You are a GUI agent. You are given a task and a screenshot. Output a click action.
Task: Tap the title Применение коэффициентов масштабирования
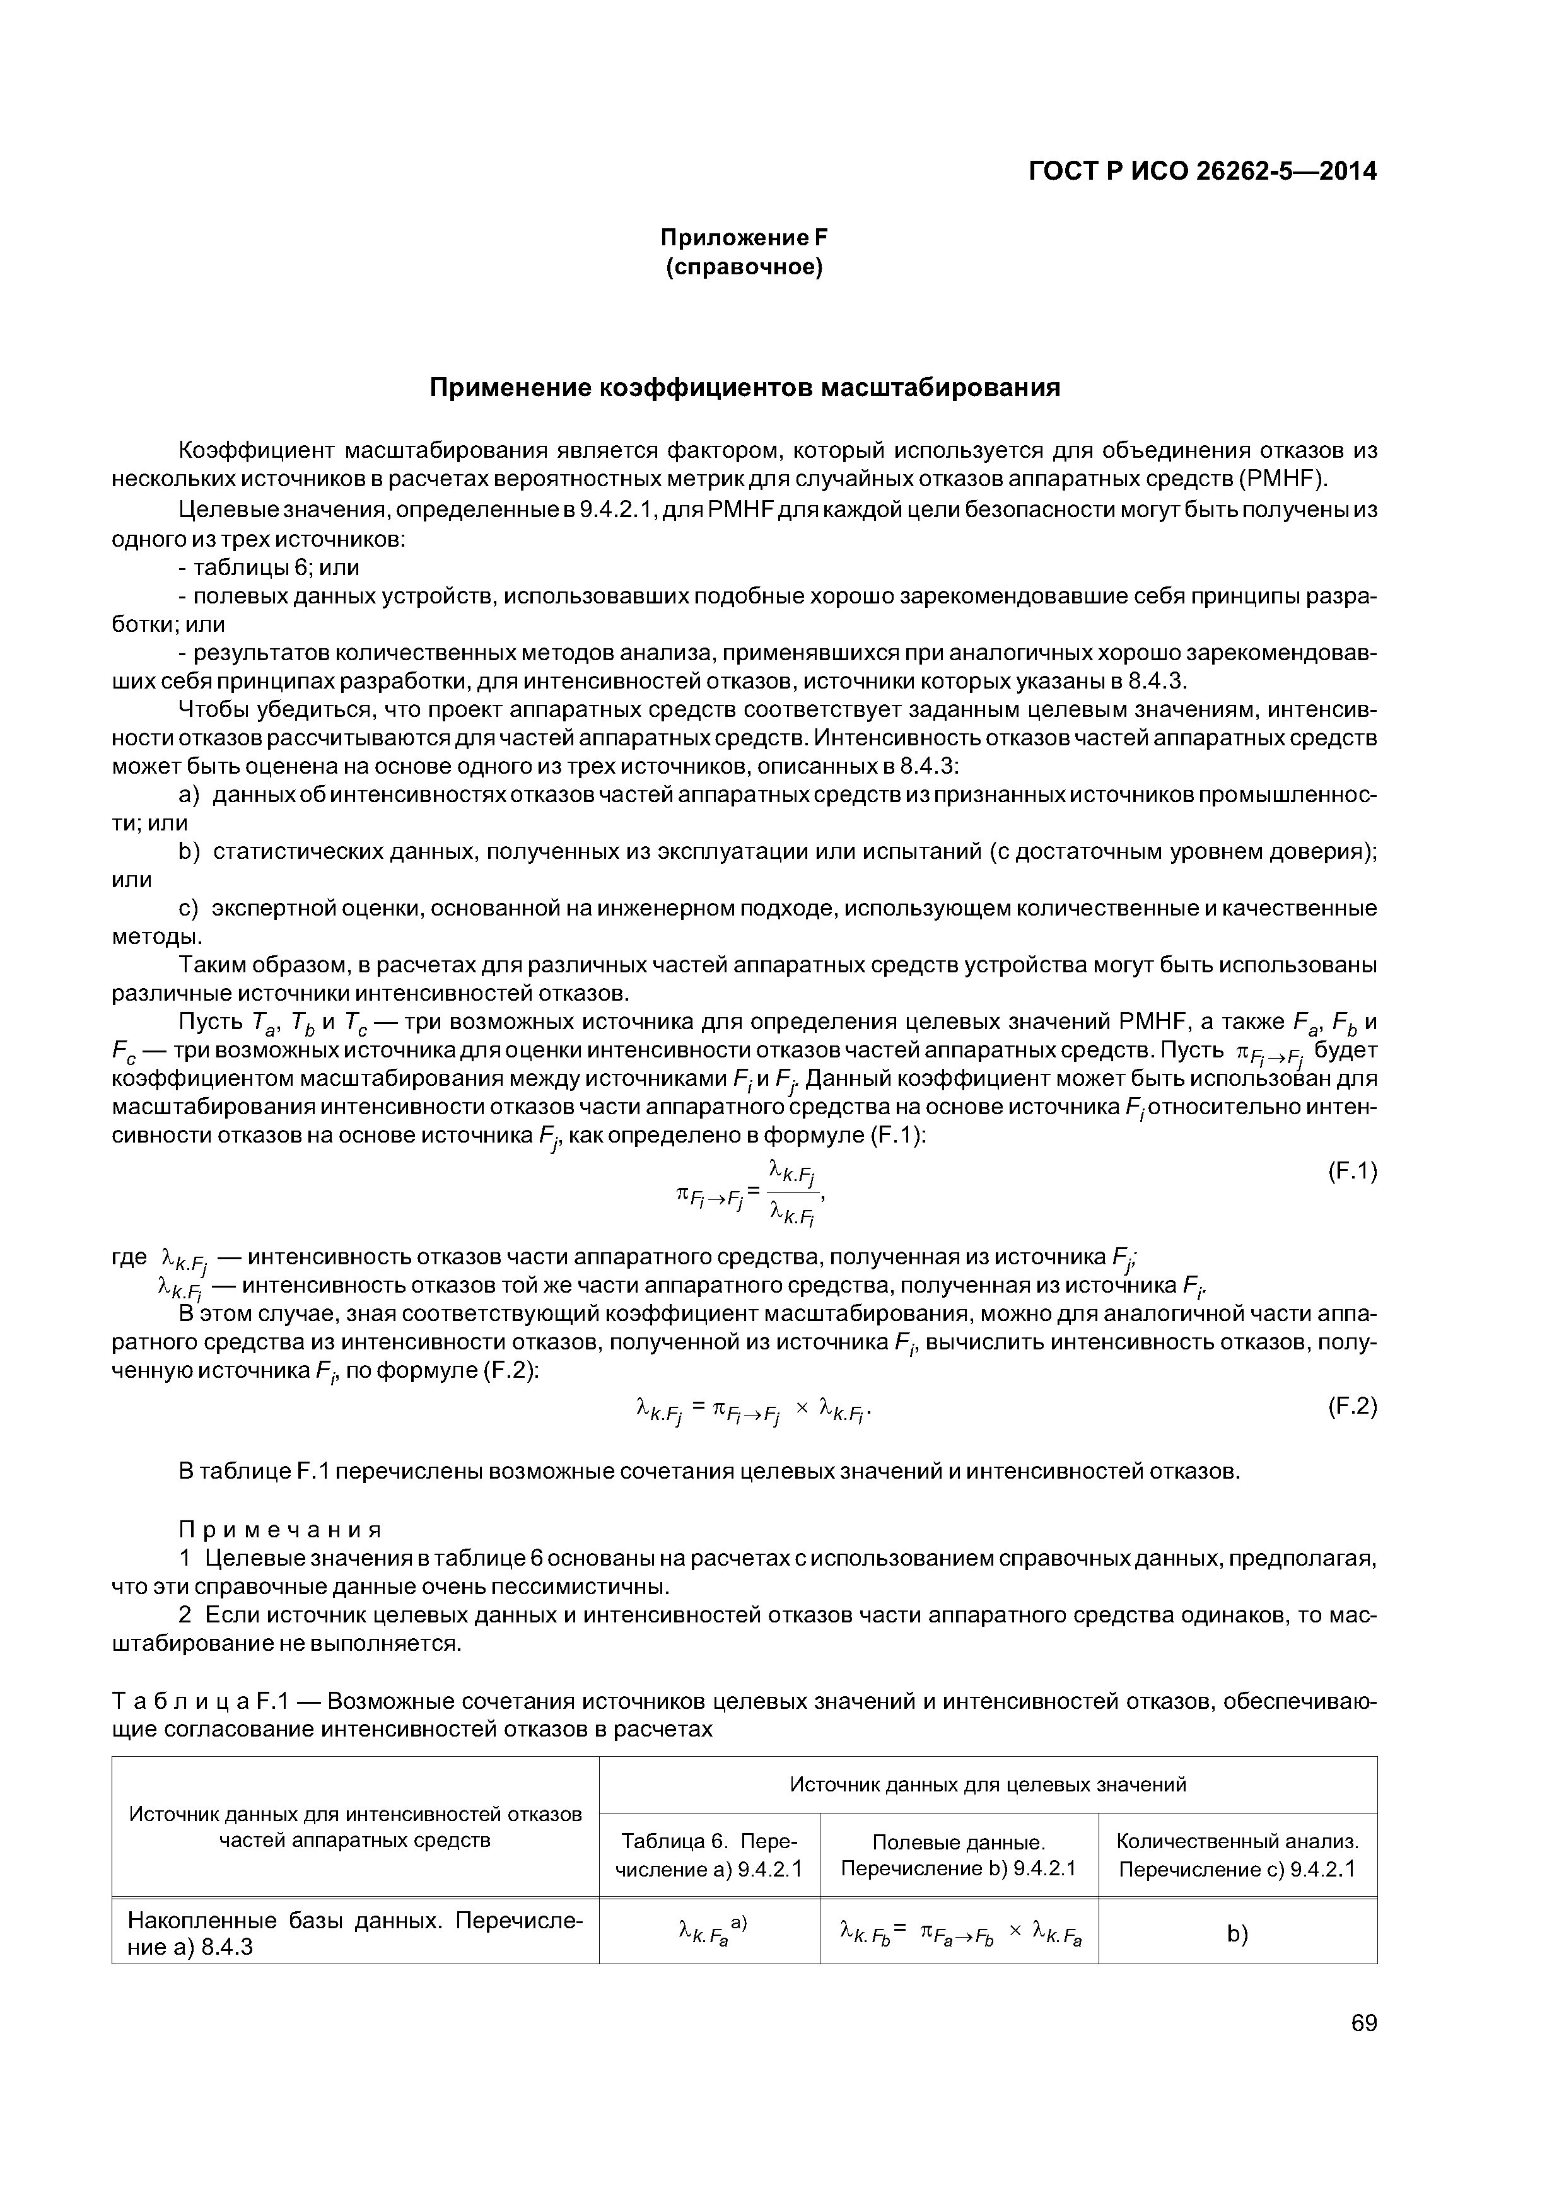coord(744,387)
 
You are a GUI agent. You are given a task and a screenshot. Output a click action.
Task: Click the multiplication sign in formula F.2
coord(802,1409)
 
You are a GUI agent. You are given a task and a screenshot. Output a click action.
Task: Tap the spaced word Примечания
coord(281,1530)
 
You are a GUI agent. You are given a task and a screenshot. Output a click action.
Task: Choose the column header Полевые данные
coord(958,1842)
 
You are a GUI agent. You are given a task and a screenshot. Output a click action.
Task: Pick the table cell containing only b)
coord(1237,1935)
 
